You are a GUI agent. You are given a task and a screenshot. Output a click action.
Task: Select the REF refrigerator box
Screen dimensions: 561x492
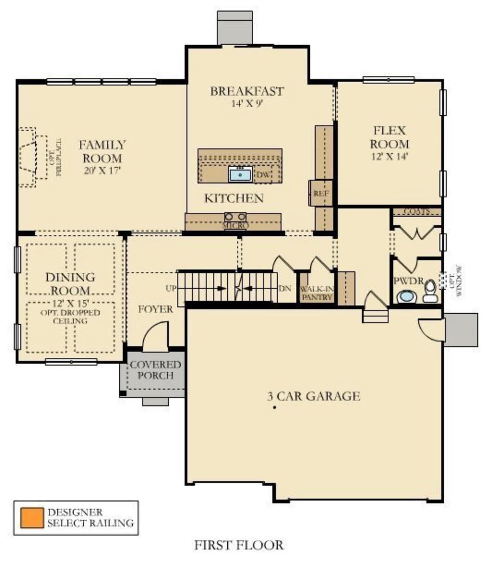[318, 193]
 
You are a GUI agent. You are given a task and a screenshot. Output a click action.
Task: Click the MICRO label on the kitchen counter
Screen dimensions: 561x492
[236, 226]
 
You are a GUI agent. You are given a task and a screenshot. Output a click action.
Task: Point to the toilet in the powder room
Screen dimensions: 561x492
[430, 292]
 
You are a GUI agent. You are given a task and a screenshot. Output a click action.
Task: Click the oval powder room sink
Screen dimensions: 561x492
[406, 297]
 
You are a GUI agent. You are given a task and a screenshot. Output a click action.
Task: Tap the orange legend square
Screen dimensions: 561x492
[31, 517]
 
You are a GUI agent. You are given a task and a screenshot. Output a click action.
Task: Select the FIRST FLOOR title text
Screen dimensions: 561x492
[239, 545]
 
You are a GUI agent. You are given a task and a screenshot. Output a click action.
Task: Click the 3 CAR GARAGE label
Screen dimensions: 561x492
[313, 396]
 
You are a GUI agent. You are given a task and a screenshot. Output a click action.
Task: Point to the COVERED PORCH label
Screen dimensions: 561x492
[155, 370]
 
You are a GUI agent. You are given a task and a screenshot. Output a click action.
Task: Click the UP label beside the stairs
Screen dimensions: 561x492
[169, 288]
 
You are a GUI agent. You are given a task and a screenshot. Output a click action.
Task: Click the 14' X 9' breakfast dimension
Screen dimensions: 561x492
[247, 103]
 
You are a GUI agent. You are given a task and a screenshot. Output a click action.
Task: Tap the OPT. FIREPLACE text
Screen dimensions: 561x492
[54, 157]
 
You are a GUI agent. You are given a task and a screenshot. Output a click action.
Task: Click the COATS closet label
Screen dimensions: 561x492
[416, 212]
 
